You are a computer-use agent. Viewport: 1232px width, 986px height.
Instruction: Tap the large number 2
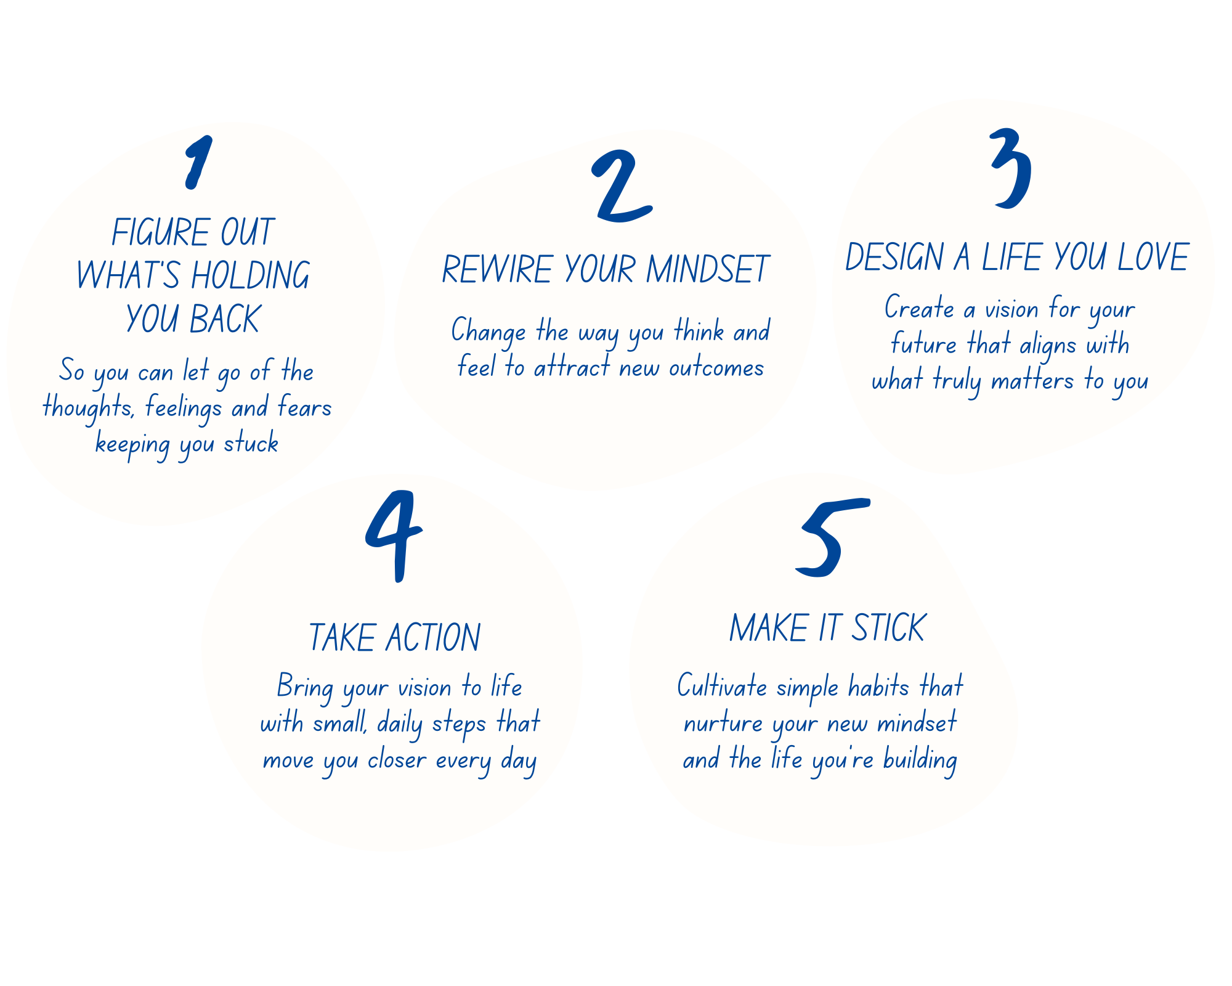pos(620,187)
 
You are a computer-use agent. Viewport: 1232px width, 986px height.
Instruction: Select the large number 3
pos(1011,168)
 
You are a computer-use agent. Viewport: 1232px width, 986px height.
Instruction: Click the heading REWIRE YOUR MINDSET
pos(606,269)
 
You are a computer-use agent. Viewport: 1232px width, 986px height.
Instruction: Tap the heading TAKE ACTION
pos(394,637)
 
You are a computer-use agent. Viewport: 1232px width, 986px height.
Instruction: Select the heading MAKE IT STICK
pos(827,629)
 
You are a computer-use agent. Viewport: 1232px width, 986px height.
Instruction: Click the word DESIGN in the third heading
pos(894,257)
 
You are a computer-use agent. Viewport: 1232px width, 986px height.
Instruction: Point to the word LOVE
pos(1153,257)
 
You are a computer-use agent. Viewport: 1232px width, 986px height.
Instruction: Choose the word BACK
pos(225,319)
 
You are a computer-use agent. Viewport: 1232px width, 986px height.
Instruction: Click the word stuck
pos(251,443)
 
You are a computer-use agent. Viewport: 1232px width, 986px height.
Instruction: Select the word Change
pos(488,332)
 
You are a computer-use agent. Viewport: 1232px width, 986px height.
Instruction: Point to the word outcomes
pos(716,368)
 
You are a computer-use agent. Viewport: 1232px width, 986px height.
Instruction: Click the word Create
pos(919,308)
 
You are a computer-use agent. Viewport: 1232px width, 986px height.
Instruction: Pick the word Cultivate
pos(722,686)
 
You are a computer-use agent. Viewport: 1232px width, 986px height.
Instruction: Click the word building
pos(920,759)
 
